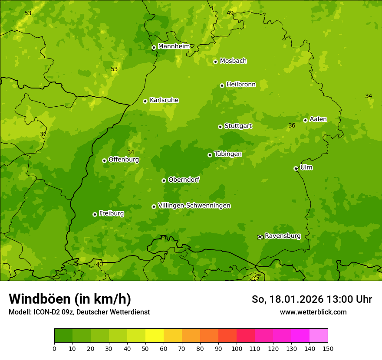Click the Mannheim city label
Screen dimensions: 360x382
pyautogui.click(x=174, y=46)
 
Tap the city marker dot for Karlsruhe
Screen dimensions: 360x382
pyautogui.click(x=145, y=101)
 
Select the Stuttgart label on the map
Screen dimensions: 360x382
pyautogui.click(x=238, y=126)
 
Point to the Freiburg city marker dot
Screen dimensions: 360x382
pyautogui.click(x=95, y=214)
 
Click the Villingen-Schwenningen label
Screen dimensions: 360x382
pyautogui.click(x=194, y=206)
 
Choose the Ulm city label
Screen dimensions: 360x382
pyautogui.click(x=306, y=167)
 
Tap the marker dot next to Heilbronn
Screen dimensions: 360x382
pyautogui.click(x=222, y=85)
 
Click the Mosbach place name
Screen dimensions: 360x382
pyautogui.click(x=233, y=61)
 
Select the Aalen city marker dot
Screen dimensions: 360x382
pyautogui.click(x=305, y=120)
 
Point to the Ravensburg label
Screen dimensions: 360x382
pyautogui.click(x=282, y=236)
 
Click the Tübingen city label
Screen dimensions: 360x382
pyautogui.click(x=228, y=154)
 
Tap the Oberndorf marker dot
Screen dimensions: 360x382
pyautogui.click(x=164, y=180)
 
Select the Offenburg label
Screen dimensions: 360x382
pyautogui.click(x=124, y=160)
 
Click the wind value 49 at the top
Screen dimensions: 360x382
pyautogui.click(x=230, y=13)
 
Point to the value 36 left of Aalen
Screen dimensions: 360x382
pyautogui.click(x=292, y=126)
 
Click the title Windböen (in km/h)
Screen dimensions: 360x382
pyautogui.click(x=70, y=299)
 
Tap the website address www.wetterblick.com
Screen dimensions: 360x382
pyautogui.click(x=313, y=312)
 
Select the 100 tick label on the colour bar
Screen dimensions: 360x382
pyautogui.click(x=237, y=348)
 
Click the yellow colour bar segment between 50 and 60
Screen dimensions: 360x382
pyautogui.click(x=155, y=336)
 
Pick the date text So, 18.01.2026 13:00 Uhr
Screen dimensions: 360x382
pyautogui.click(x=312, y=299)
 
